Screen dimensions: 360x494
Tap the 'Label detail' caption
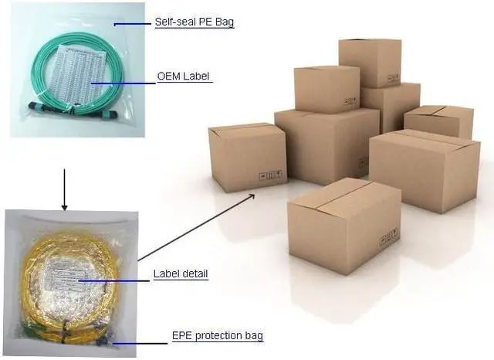coord(180,273)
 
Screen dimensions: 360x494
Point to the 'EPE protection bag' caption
coord(217,336)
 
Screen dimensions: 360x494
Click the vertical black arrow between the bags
coord(64,185)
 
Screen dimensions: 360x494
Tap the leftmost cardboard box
coord(248,158)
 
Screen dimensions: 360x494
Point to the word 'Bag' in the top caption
coord(224,22)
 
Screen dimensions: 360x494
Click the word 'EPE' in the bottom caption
coord(180,336)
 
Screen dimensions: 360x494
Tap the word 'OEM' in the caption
coord(168,76)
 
